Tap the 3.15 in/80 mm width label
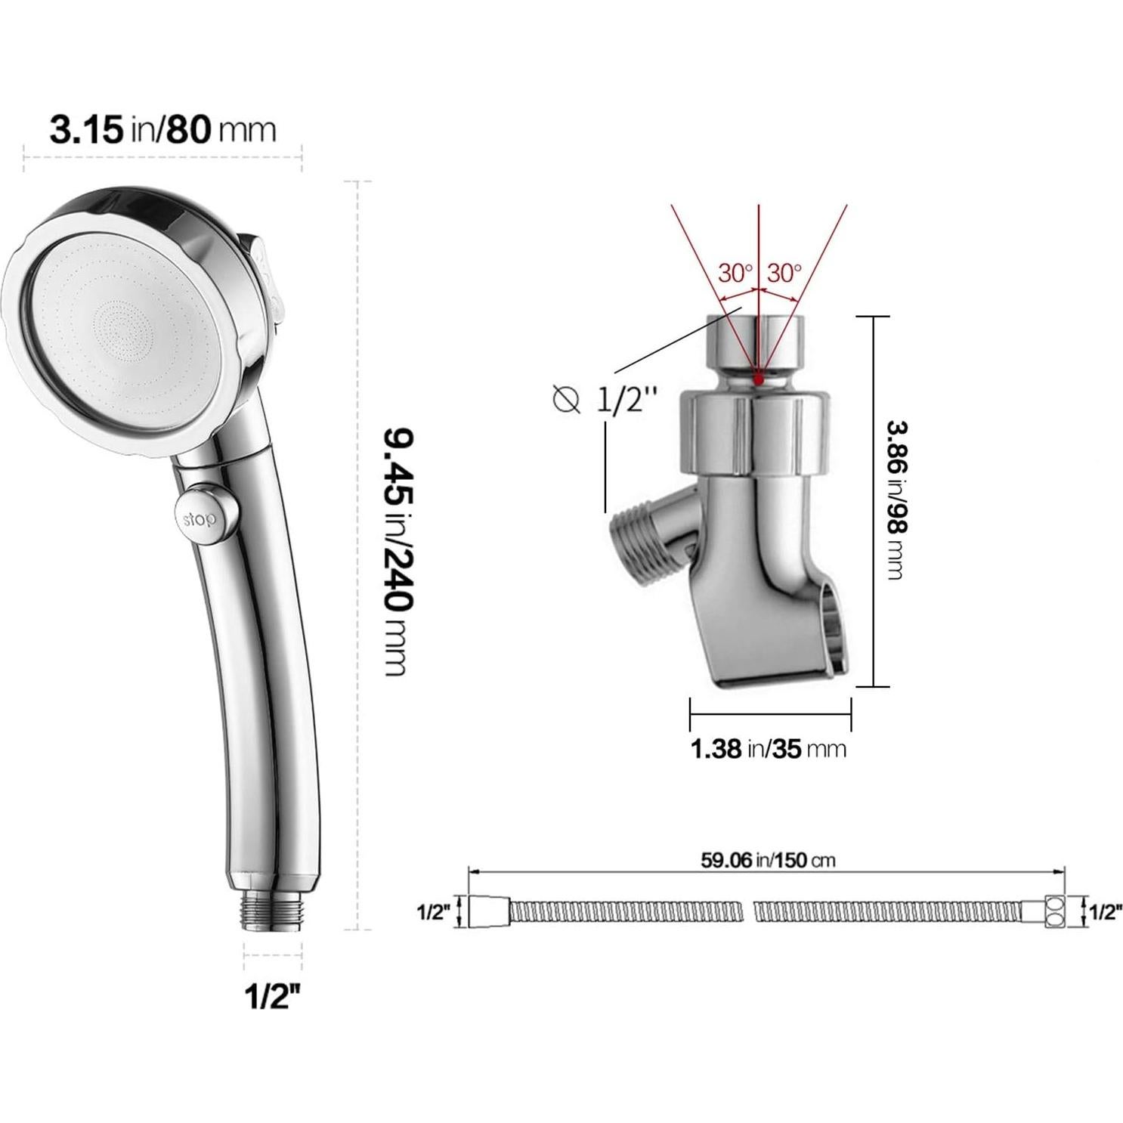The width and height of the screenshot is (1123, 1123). coord(162,129)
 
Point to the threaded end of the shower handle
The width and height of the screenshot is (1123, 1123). coord(273,911)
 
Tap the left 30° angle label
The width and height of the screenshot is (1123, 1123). coord(735,273)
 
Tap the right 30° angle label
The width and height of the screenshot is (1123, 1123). coord(784,273)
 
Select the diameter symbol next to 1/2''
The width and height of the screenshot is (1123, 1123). coord(566,398)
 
